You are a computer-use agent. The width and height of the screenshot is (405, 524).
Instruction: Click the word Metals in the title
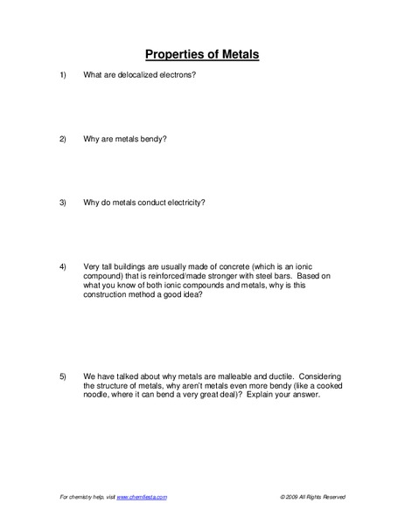tap(239, 54)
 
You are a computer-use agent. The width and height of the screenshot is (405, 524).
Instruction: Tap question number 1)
tap(63, 75)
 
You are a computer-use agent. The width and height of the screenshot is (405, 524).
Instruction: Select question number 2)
tap(63, 139)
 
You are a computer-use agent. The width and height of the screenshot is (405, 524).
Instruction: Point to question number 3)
tap(63, 203)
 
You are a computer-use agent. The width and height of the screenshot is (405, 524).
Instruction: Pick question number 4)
tap(63, 265)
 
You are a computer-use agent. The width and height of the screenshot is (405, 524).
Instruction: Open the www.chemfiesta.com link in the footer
tap(142, 496)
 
